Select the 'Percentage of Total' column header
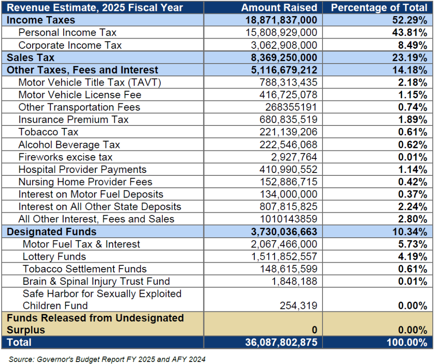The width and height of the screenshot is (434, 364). click(379, 8)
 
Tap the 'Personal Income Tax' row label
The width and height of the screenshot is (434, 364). click(67, 33)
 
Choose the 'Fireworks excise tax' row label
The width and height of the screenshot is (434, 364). click(65, 157)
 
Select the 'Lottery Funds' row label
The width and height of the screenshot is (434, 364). click(54, 256)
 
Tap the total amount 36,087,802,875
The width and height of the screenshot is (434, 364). click(281, 342)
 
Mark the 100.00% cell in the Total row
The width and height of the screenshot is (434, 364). click(406, 342)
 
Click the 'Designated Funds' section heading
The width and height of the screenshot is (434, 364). click(52, 232)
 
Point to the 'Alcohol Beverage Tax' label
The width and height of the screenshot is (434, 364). click(69, 145)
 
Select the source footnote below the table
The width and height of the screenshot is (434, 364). click(107, 359)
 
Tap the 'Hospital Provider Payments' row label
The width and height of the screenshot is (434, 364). click(82, 169)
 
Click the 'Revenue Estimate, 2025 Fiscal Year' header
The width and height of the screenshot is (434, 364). click(95, 8)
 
